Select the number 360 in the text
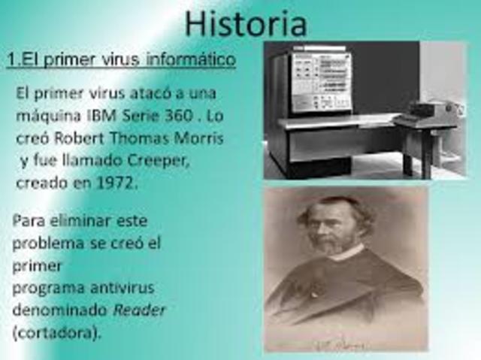[x=174, y=117]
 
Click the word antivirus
[x=125, y=288]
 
